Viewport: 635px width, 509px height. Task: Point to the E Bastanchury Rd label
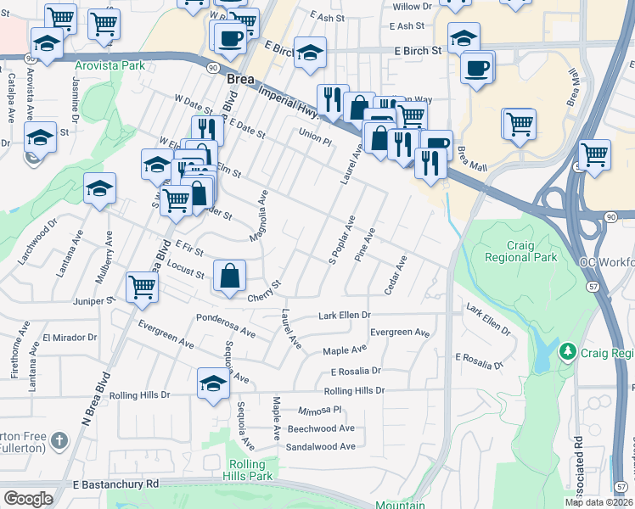tap(115, 484)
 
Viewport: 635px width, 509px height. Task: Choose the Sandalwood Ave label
tap(320, 446)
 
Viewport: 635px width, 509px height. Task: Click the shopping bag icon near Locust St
tap(229, 276)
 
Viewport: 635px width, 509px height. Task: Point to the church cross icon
tap(59, 440)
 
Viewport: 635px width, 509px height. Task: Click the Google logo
tap(28, 499)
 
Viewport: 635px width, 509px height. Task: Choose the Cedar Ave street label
tap(396, 276)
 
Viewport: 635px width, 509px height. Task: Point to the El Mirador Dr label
tap(65, 337)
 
